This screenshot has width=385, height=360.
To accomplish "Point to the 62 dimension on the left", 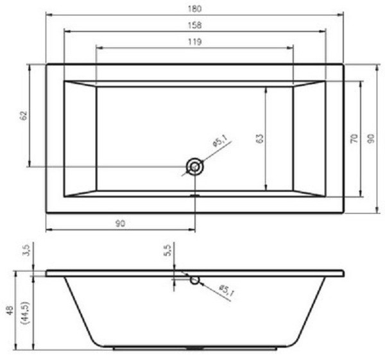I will pos(24,116).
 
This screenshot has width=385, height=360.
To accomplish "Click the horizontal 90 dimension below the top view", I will pos(120,223).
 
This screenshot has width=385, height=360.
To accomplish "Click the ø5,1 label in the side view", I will pos(227,290).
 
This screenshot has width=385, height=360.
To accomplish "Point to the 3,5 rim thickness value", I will pos(26,250).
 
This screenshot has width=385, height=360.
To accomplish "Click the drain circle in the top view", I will pos(194,167).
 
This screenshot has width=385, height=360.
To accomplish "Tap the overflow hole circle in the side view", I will pos(194,279).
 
